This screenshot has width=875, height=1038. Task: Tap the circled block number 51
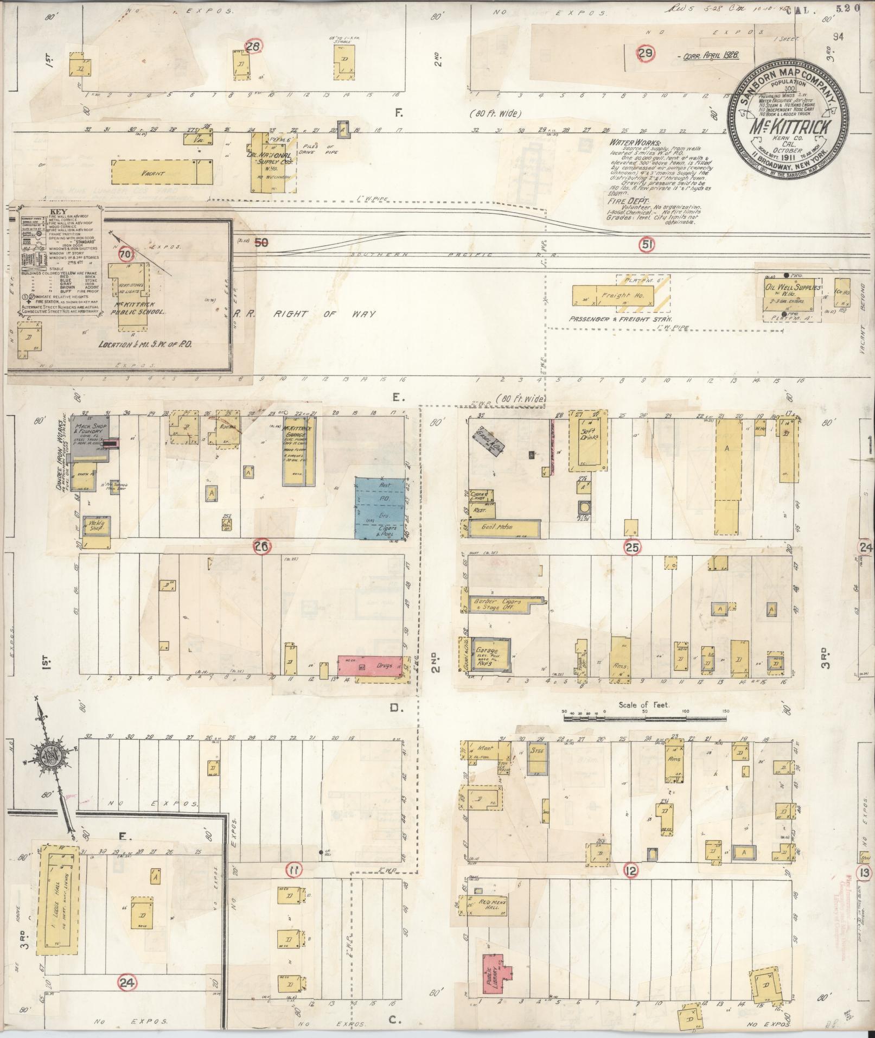click(x=646, y=245)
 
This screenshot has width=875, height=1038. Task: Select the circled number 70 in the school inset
click(x=125, y=253)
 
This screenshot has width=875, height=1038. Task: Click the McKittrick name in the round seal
click(x=785, y=129)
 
